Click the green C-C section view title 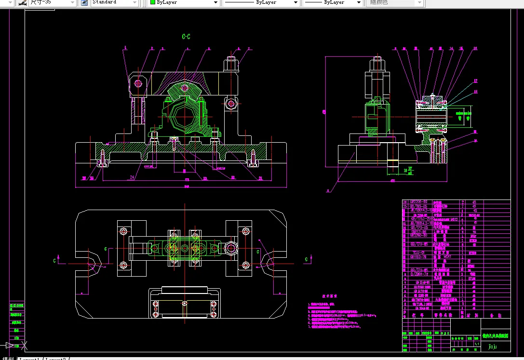(186, 37)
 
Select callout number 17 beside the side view (475, 80)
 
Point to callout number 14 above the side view (451, 49)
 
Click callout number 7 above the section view (249, 49)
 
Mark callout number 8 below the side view (328, 190)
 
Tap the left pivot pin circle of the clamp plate (139, 83)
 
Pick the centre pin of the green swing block (185, 87)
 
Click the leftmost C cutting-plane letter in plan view (54, 260)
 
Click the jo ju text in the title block (493, 345)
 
